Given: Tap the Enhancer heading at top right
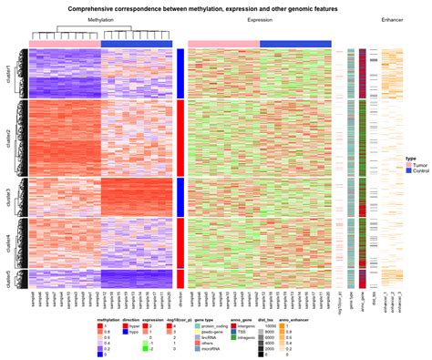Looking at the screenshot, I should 393,19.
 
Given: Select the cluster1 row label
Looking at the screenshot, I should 8,74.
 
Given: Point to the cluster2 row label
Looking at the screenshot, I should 8,137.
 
